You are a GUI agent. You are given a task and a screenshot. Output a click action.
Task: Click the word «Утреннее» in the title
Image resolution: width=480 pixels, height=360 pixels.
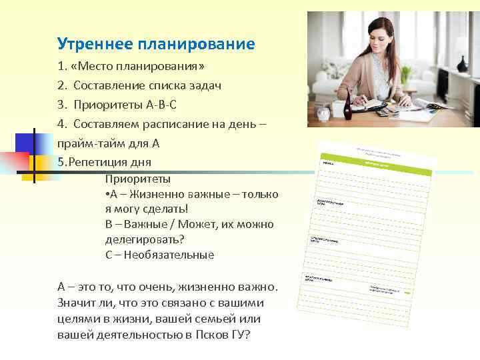95,45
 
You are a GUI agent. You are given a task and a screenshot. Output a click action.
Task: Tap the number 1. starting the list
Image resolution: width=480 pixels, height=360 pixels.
62,67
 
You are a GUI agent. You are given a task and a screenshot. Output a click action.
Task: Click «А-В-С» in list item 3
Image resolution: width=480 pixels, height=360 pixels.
162,105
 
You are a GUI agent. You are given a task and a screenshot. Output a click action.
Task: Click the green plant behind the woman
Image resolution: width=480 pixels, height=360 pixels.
405,73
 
